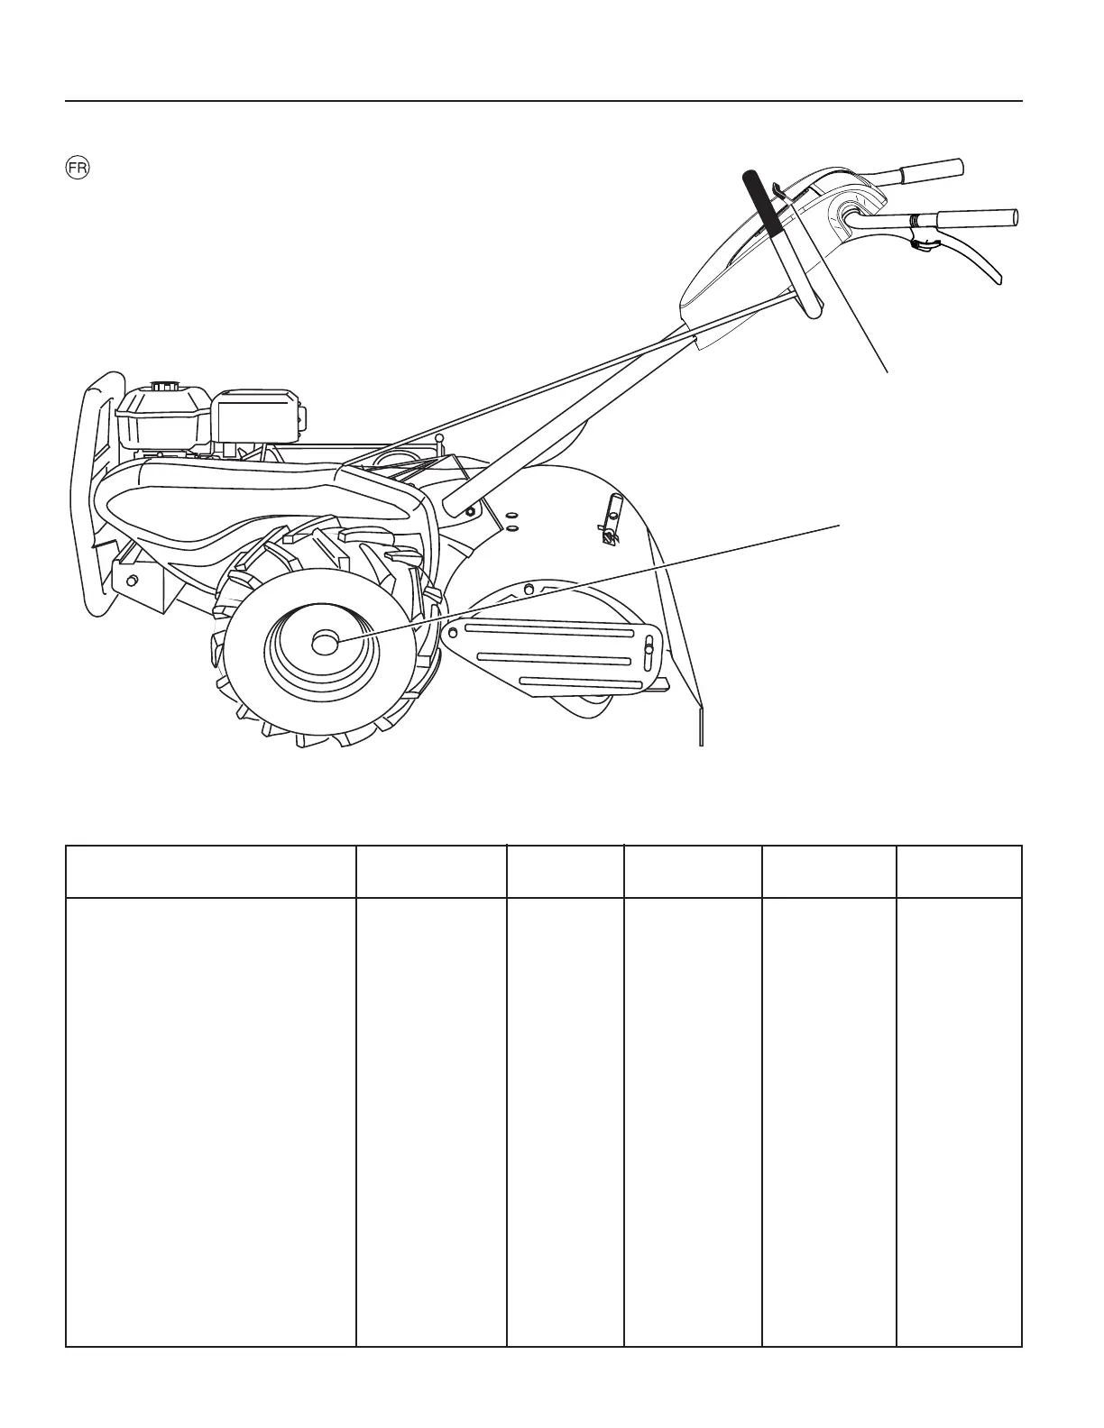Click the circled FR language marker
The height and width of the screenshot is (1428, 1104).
click(77, 169)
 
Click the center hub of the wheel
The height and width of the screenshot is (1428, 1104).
click(323, 642)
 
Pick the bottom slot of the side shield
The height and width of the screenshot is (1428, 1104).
click(582, 682)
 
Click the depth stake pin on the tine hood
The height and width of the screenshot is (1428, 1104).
click(611, 523)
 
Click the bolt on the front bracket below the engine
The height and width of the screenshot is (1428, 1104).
click(132, 577)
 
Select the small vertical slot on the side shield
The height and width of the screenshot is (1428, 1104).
click(649, 647)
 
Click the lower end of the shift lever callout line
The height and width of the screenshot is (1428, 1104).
click(888, 371)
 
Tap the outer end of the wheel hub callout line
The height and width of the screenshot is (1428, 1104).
click(840, 522)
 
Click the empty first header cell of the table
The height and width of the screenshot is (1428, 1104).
click(211, 871)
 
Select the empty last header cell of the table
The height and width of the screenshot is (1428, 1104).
click(959, 871)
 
